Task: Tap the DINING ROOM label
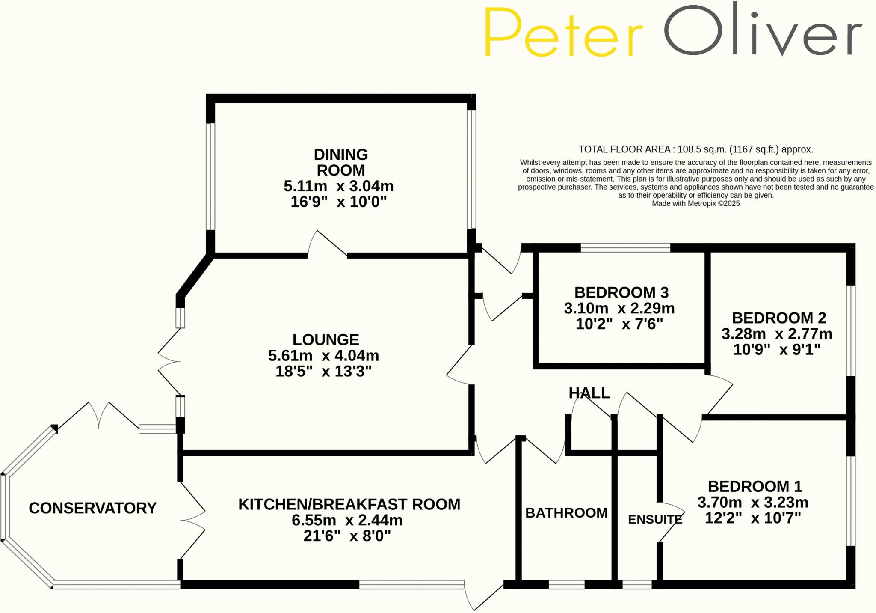click(340, 162)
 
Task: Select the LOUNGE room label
click(326, 339)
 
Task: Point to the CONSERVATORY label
click(92, 508)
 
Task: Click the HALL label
click(589, 393)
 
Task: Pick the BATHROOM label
click(566, 513)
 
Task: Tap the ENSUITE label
click(655, 519)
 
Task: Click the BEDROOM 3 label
click(621, 292)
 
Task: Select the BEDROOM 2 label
click(779, 318)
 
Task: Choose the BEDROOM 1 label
click(755, 486)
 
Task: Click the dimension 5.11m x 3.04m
click(338, 186)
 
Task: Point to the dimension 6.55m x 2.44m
click(347, 520)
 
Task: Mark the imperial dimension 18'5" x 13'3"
click(323, 371)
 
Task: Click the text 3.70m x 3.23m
click(753, 502)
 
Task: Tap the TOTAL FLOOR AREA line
click(695, 149)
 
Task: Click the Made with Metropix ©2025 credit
click(695, 204)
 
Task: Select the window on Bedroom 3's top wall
click(625, 247)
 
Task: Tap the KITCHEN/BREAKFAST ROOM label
click(349, 504)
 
